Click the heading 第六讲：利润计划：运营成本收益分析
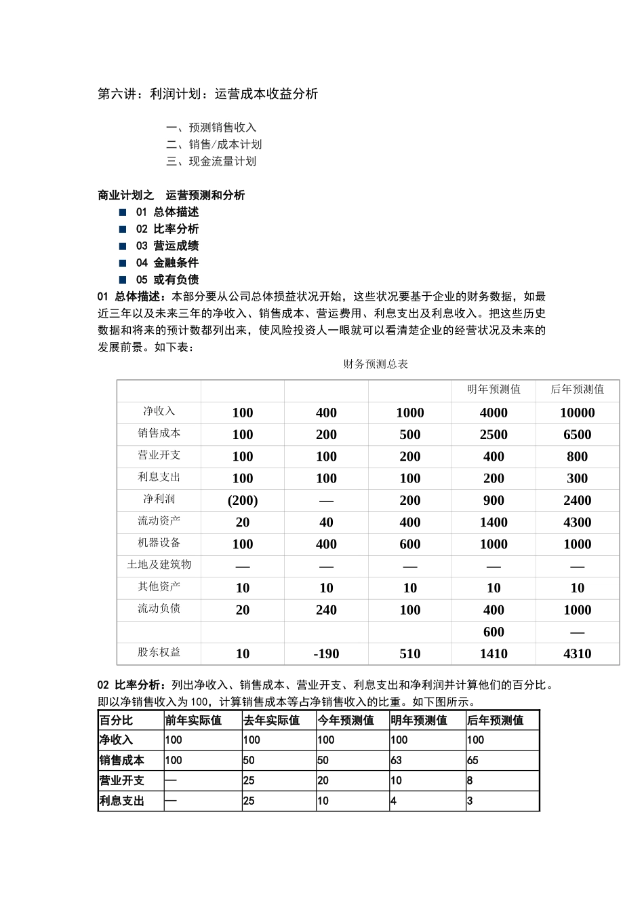click(x=207, y=94)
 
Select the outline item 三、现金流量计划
click(x=212, y=161)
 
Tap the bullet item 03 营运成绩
click(x=167, y=246)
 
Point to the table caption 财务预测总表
click(x=376, y=364)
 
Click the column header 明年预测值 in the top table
click(x=494, y=389)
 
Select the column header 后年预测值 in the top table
click(x=577, y=389)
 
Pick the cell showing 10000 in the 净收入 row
click(x=577, y=413)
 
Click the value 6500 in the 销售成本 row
click(x=577, y=434)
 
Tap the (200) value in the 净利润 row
click(x=243, y=500)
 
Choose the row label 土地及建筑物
click(x=159, y=565)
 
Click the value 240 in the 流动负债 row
click(x=326, y=610)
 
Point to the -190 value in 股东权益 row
click(x=326, y=653)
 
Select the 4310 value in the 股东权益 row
click(x=577, y=653)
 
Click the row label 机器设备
click(x=159, y=543)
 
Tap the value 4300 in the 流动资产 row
click(x=577, y=522)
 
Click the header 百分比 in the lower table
click(x=116, y=721)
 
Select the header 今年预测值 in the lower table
click(x=346, y=721)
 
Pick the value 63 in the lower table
click(x=397, y=761)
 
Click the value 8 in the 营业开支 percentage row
click(x=470, y=781)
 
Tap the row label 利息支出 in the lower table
click(x=122, y=801)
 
